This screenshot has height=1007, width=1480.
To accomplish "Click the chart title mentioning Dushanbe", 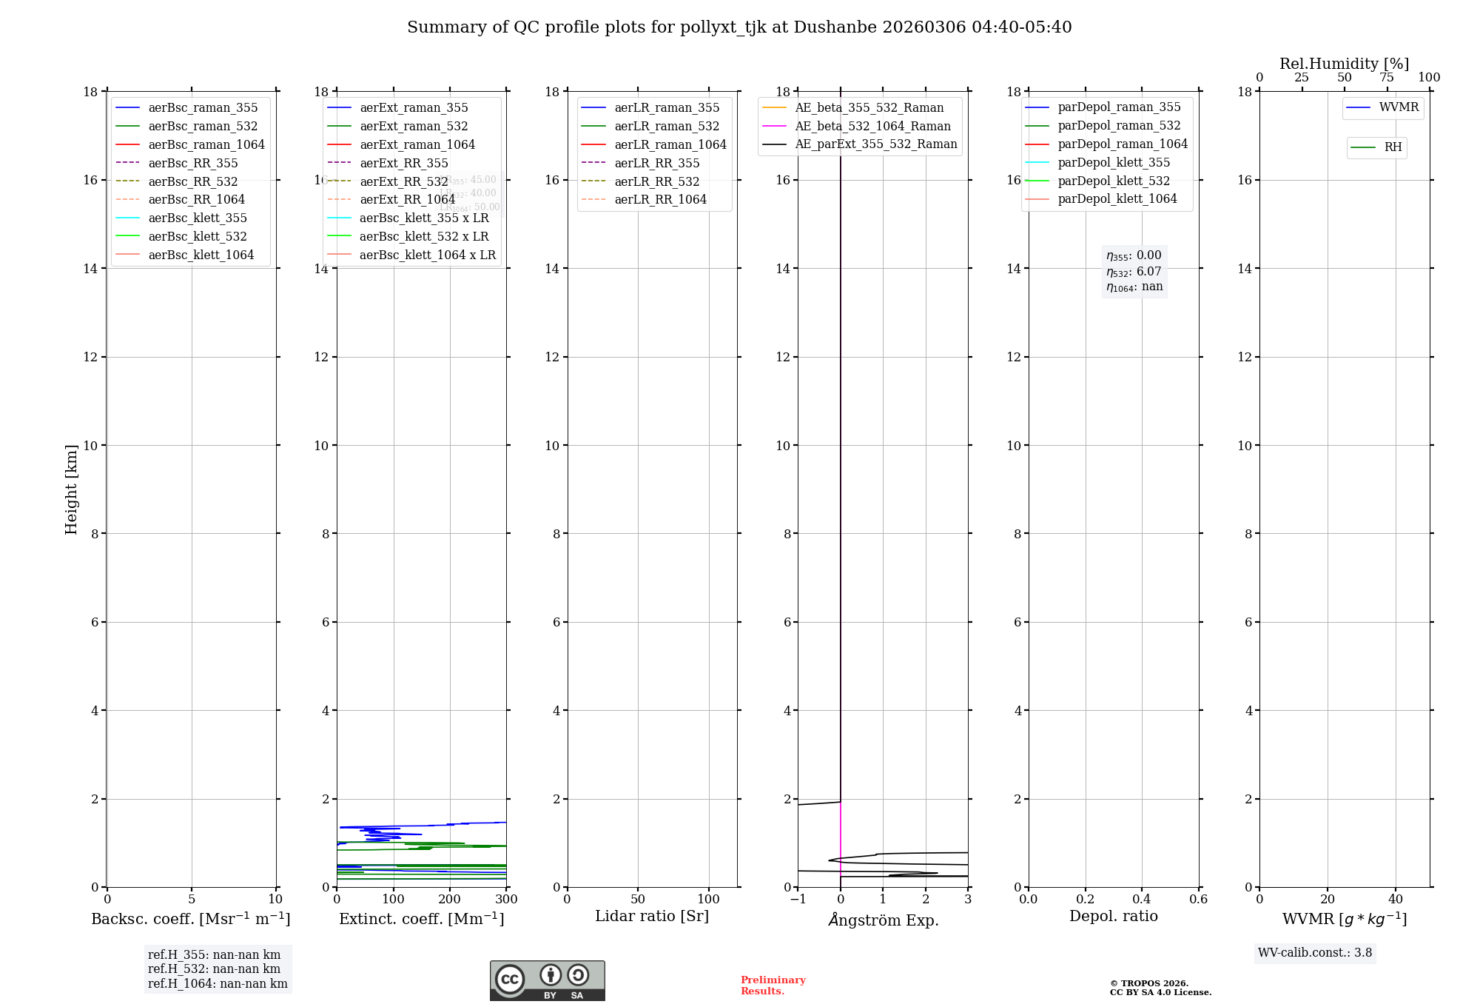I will pos(739,27).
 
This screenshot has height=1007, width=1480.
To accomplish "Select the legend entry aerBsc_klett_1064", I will pos(201,255).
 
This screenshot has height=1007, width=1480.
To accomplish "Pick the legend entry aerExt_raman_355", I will pos(414,108).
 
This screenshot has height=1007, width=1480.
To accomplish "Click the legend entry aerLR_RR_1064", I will pos(660,199).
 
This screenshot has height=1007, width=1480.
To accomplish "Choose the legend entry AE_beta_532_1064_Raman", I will pos(872,126).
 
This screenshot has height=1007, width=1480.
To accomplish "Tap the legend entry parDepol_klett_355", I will pos(1114,162).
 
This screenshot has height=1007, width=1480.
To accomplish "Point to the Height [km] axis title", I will pos(71,489).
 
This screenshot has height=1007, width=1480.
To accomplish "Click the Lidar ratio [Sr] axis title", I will pos(652,916).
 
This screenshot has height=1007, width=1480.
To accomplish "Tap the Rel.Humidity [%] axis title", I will pos(1344,64).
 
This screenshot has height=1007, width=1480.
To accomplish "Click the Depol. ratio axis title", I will pos(1113,916).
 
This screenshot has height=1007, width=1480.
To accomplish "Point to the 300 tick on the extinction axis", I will pos(506,900).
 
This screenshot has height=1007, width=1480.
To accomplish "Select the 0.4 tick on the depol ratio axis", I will pos(1142,900).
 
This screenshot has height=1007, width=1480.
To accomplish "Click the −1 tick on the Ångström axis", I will pos(798,900).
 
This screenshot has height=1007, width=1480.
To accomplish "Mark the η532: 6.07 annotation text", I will pos(1134,272).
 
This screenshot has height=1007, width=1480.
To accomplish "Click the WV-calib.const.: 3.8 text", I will pos(1315,953).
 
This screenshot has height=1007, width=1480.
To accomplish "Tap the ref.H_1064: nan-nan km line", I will pos(218,983).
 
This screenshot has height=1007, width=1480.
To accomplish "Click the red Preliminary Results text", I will pos(773,986).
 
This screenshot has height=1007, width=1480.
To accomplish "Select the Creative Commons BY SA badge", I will pos(547,981).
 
